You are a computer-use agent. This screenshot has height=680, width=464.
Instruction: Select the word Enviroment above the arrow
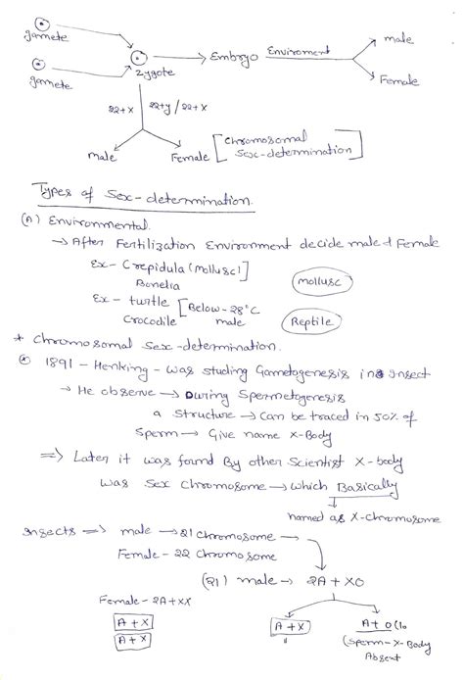(x=298, y=48)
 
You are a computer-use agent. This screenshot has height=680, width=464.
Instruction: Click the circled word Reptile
(x=309, y=350)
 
